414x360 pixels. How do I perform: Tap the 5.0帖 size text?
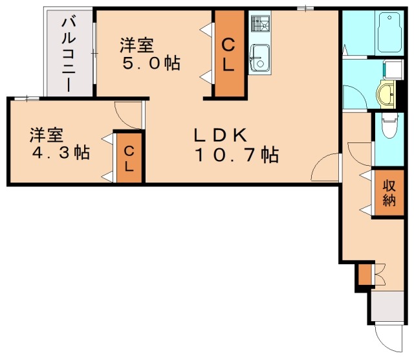pyautogui.click(x=151, y=64)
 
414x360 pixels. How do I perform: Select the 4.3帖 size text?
pyautogui.click(x=61, y=153)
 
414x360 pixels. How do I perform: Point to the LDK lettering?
pyautogui.click(x=222, y=135)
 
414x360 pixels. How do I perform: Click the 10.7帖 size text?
pyautogui.click(x=236, y=155)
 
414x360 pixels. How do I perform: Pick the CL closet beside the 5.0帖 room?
pyautogui.click(x=230, y=54)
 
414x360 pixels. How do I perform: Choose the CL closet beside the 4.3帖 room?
pyautogui.click(x=129, y=158)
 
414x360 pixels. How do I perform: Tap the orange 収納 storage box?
pyautogui.click(x=388, y=192)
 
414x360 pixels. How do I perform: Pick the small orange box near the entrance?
pyautogui.click(x=365, y=275)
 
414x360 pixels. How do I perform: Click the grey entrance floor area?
pyautogui.click(x=387, y=306)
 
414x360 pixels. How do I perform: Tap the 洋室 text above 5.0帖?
pyautogui.click(x=136, y=46)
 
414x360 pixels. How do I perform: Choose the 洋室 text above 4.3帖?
pyautogui.click(x=46, y=135)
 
